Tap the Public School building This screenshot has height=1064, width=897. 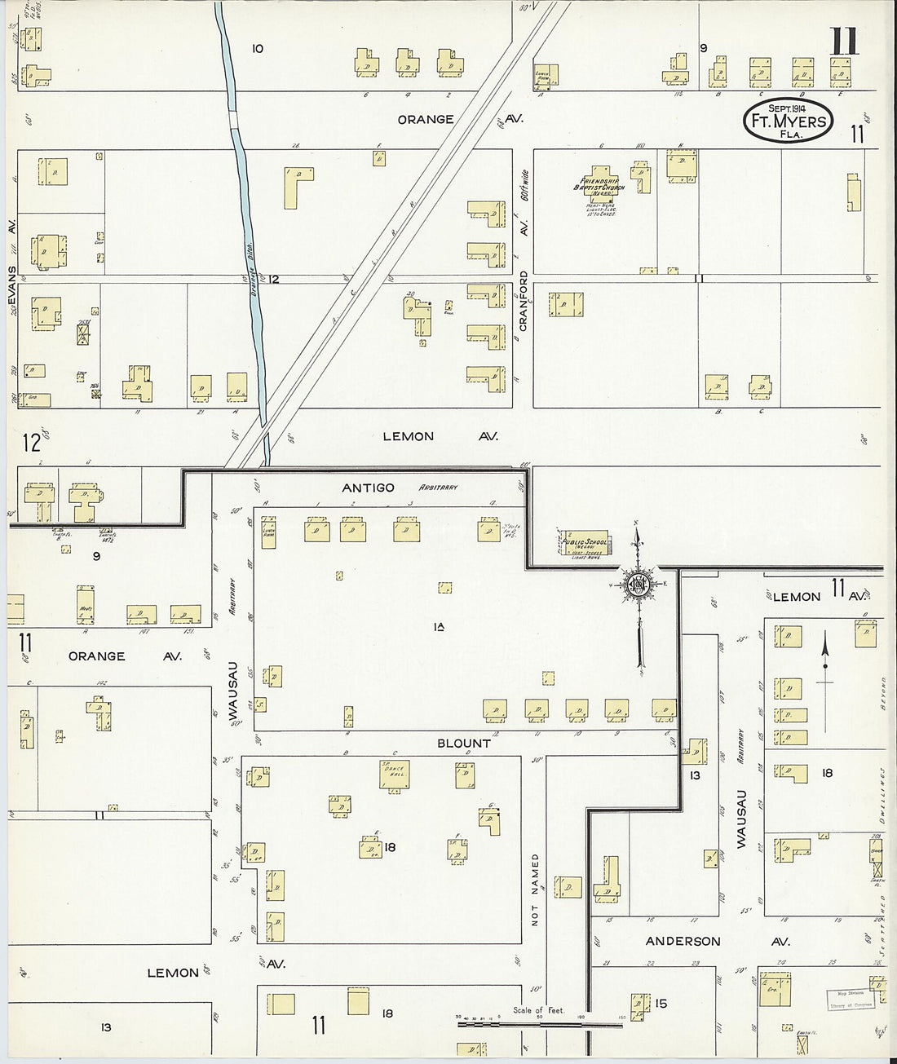585,542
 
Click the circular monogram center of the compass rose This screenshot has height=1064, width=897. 637,584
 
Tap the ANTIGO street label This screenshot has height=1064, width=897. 368,488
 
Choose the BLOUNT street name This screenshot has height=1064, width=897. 464,743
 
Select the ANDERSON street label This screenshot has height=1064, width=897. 683,941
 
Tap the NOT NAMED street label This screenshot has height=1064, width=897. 536,890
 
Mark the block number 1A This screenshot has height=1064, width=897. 439,626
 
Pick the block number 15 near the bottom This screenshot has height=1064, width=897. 661,1003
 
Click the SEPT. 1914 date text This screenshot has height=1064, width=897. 785,108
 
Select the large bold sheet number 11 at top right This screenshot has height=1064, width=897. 844,42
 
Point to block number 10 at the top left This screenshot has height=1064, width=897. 257,49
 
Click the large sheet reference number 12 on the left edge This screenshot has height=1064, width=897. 31,443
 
